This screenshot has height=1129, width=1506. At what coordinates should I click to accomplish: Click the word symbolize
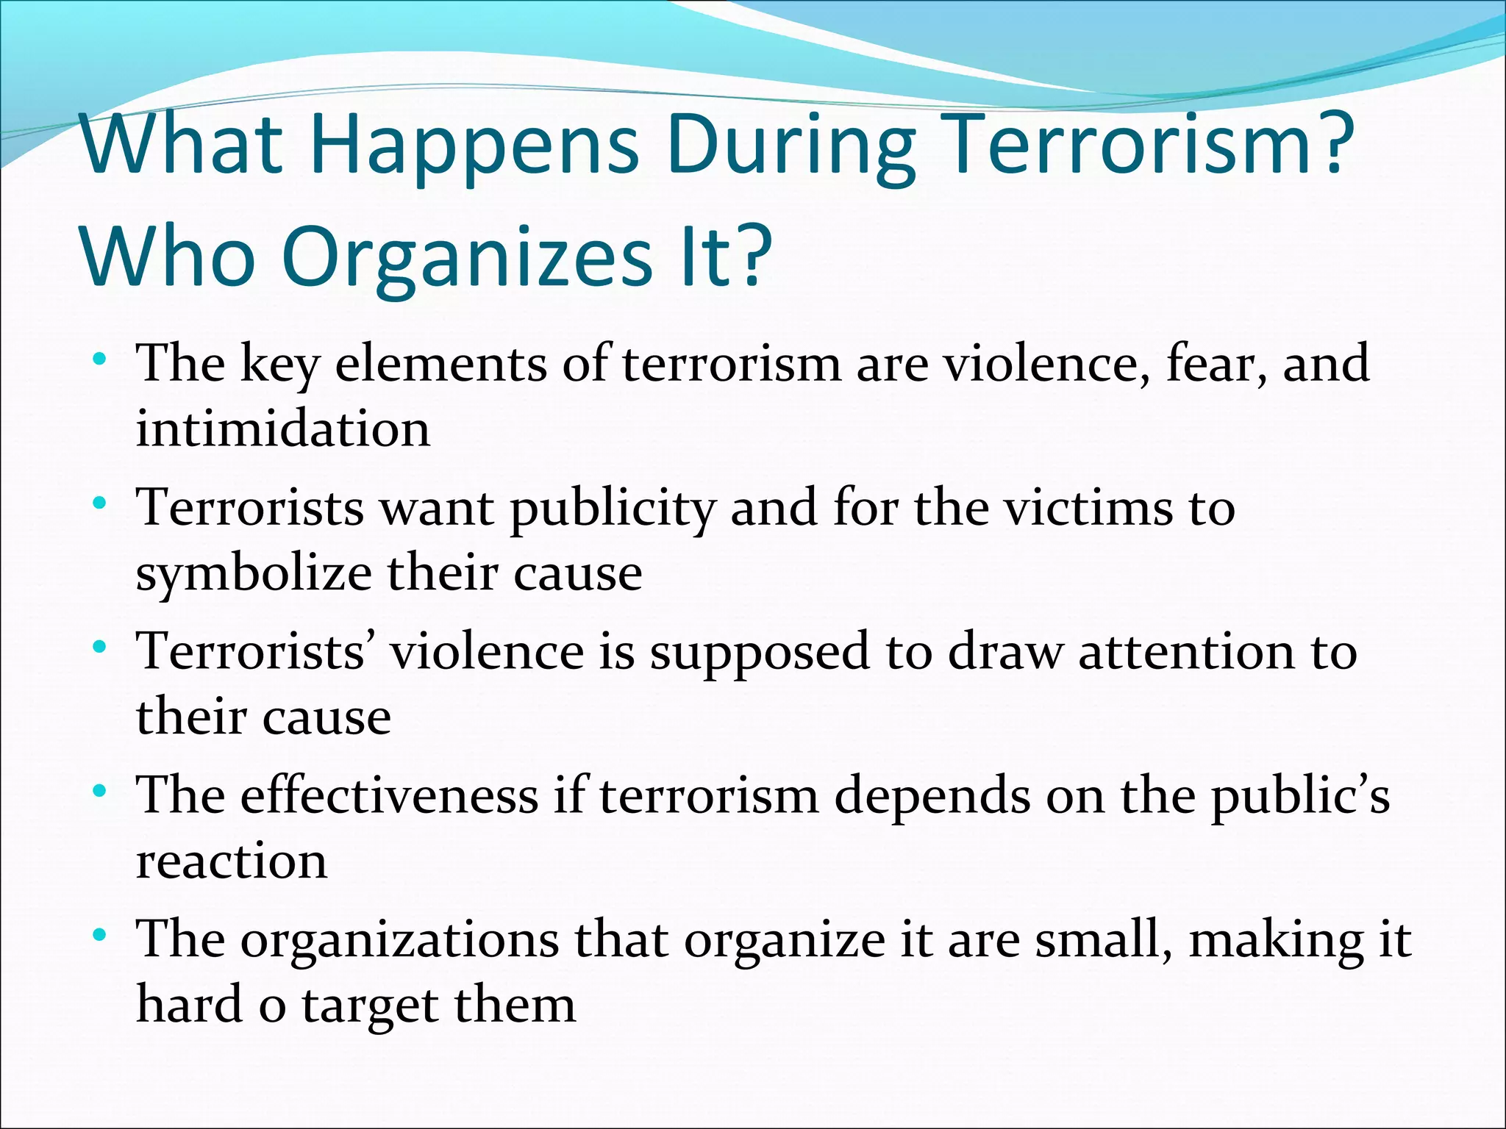click(x=254, y=574)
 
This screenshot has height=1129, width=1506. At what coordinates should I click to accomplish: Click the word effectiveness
click(x=390, y=795)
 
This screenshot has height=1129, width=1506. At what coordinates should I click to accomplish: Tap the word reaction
click(x=232, y=861)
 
